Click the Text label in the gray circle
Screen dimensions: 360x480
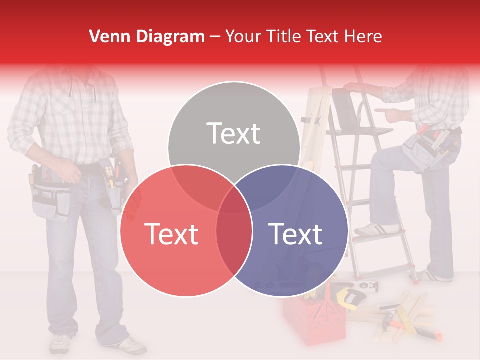click(234, 133)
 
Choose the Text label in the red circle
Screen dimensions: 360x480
click(171, 234)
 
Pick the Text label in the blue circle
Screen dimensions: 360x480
click(295, 234)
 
